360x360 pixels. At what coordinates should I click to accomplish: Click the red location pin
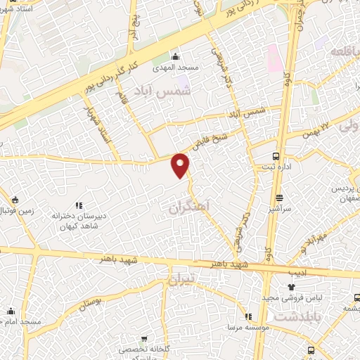pyautogui.click(x=181, y=165)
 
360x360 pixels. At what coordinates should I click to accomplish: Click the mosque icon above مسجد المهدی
pyautogui.click(x=175, y=56)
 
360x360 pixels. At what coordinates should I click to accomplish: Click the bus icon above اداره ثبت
pyautogui.click(x=276, y=156)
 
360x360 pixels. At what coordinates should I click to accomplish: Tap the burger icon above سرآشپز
pyautogui.click(x=280, y=198)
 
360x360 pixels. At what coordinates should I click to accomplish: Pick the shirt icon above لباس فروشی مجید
pyautogui.click(x=291, y=287)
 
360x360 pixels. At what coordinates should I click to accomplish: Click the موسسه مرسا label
pyautogui.click(x=245, y=328)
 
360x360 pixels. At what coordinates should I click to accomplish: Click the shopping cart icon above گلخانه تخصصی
pyautogui.click(x=146, y=336)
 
